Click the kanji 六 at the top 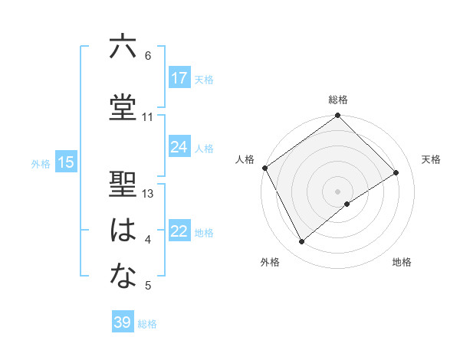(x=123, y=47)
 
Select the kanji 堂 (x=123, y=107)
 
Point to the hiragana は (x=123, y=231)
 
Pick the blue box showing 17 (x=179, y=78)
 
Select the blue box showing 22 (x=179, y=231)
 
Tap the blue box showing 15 (x=66, y=162)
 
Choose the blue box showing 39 (x=122, y=322)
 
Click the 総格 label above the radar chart (x=337, y=100)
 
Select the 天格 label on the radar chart (x=432, y=159)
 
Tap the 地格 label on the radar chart (x=402, y=262)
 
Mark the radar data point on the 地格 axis (x=347, y=204)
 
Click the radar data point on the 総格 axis (x=337, y=116)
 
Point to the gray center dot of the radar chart (x=337, y=190)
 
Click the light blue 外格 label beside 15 (x=40, y=163)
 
